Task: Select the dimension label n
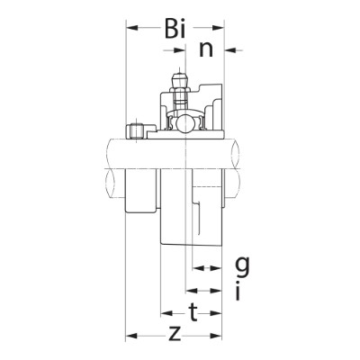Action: tap(205, 49)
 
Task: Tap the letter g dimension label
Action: tap(241, 265)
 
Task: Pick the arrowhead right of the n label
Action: tap(229, 49)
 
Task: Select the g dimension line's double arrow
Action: tap(205, 268)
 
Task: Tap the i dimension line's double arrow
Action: tap(205, 291)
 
